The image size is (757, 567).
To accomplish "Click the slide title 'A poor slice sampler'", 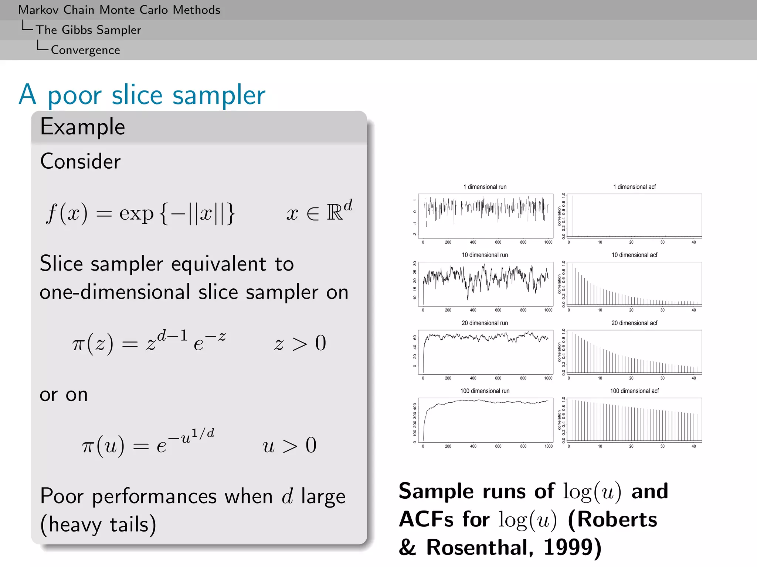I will point(142,95).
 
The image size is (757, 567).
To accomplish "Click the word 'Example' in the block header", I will point(82,127).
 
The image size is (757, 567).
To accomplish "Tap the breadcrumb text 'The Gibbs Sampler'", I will point(88,30).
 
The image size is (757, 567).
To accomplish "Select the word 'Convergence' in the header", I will point(85,50).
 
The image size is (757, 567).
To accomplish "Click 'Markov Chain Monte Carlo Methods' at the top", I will point(119,10).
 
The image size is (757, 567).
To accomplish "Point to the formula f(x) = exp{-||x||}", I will point(140,213).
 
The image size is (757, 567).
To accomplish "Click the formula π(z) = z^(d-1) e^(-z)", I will point(149,342).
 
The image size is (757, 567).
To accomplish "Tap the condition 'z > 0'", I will point(300,343).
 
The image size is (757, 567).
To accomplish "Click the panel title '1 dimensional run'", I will point(485,187).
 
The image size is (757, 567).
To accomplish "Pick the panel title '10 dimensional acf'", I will point(634,255).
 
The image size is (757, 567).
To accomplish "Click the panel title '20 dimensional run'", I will point(485,323).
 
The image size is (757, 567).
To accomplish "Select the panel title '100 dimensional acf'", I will point(634,391).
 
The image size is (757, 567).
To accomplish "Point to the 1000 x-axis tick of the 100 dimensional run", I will point(548,446).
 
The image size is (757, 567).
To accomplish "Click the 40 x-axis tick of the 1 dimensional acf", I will point(693,242).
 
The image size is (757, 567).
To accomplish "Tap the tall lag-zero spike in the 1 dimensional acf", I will point(572,216).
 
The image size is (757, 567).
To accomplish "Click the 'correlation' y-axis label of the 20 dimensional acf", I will point(559,352).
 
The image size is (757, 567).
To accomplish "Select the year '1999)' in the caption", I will point(572,547).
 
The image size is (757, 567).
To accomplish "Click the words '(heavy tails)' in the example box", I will point(98,524).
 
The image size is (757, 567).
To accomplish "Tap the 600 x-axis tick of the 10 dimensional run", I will point(498,310).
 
